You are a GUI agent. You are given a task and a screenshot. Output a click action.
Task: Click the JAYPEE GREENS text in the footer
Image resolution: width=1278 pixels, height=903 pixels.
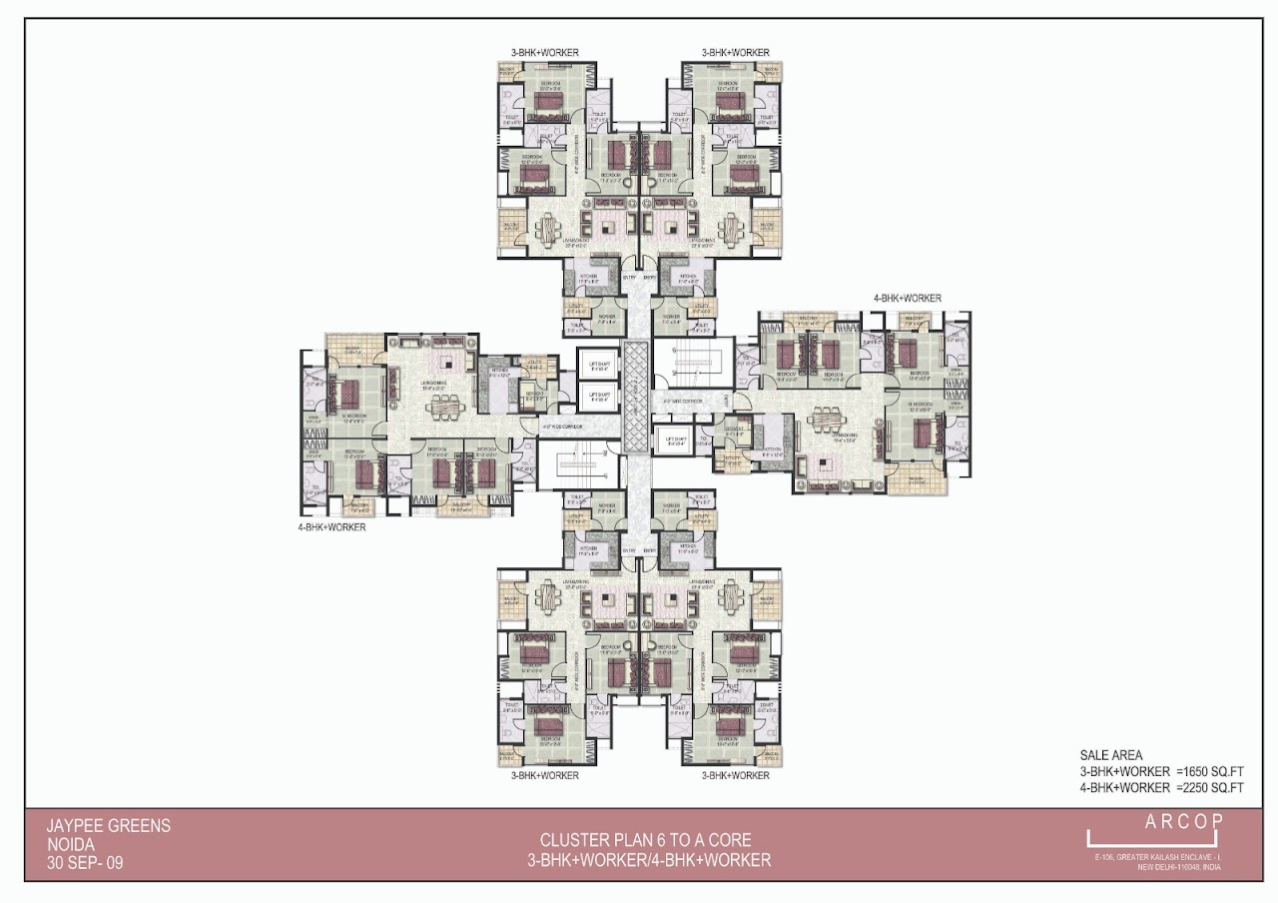coord(109,826)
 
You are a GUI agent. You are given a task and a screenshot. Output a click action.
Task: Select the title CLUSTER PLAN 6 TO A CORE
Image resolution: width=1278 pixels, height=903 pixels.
coord(645,840)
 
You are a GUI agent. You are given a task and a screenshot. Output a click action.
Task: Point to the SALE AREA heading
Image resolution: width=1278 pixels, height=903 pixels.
coord(1111,755)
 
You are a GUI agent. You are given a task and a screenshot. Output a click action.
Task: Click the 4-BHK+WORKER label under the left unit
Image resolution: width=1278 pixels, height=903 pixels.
coord(331,526)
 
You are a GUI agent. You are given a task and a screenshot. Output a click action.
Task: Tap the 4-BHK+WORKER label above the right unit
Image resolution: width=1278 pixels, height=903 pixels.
coord(908,298)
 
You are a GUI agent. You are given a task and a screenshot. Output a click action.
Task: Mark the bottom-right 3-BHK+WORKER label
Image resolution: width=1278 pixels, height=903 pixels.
coord(735,775)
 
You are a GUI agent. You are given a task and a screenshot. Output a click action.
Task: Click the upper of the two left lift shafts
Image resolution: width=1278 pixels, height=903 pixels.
coord(598,363)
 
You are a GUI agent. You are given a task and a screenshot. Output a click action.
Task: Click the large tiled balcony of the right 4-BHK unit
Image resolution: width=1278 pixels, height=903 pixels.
coord(916,483)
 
